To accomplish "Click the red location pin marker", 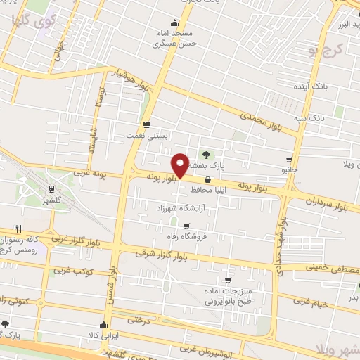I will tap(180, 165).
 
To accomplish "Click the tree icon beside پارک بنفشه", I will tap(206, 155).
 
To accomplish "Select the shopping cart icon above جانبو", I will tap(289, 160).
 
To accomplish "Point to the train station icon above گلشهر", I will tap(51, 188).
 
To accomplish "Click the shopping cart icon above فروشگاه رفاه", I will tap(186, 226).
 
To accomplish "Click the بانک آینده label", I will tap(311, 86).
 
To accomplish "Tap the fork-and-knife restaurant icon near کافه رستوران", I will tap(19, 228).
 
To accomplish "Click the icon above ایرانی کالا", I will tap(104, 324).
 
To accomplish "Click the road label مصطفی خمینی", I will tap(330, 269).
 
